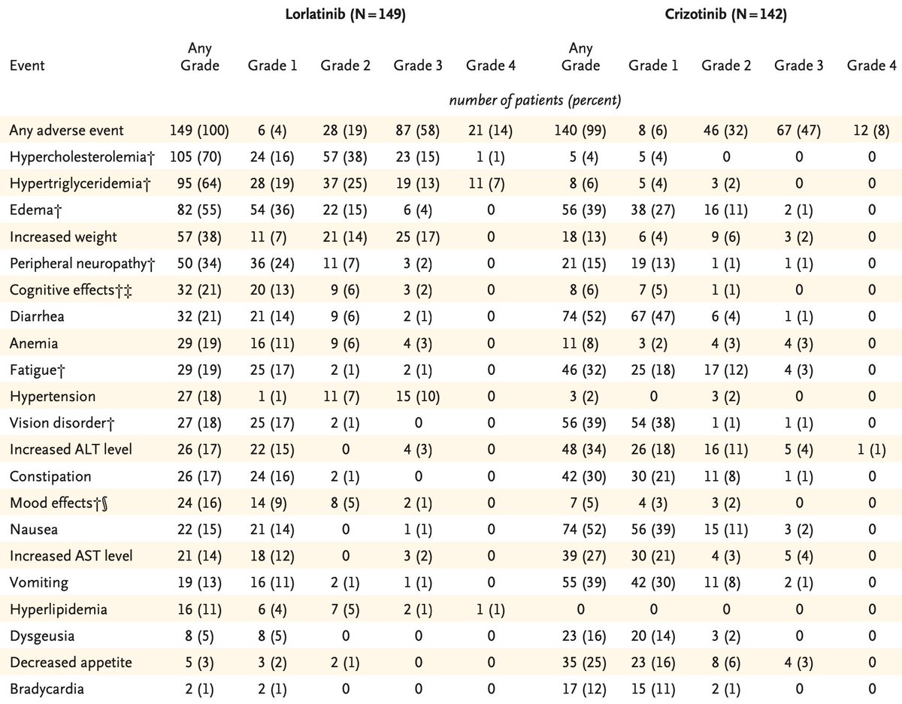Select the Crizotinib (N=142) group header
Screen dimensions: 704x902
point(726,16)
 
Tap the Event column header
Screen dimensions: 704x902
point(27,65)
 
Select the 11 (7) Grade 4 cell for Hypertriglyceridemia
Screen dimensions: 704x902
point(490,184)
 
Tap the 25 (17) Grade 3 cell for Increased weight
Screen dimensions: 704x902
point(418,237)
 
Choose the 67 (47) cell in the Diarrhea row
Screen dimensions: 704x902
point(653,317)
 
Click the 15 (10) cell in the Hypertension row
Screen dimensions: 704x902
point(418,397)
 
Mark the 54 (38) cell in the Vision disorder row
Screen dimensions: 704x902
point(653,423)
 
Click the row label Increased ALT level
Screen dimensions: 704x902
point(71,449)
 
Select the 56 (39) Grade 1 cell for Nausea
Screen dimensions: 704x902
point(653,530)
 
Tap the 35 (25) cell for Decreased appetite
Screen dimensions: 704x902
point(580,663)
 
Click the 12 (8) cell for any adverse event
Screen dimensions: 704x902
point(870,131)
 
